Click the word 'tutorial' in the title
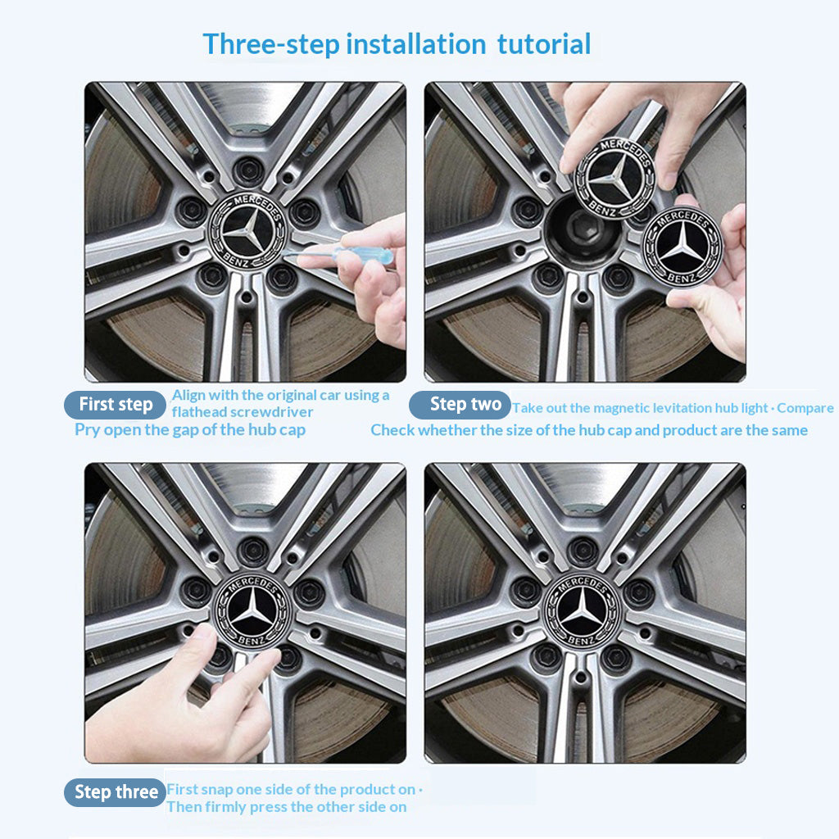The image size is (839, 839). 544,44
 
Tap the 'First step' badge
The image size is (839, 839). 115,405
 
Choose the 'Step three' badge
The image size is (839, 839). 115,792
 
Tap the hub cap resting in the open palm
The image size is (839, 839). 683,246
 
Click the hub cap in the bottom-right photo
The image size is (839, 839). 582,611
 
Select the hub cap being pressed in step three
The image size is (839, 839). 252,610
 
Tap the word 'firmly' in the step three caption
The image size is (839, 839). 268,807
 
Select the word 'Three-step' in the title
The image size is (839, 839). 271,45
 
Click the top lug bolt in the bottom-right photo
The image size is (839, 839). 583,551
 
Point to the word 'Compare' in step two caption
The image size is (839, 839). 805,408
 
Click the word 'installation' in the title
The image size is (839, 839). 416,44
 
